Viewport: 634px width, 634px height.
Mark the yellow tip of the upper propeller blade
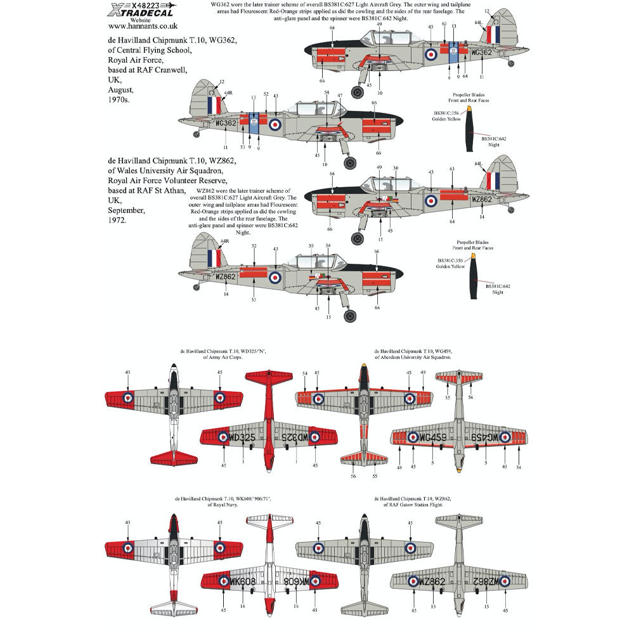469,109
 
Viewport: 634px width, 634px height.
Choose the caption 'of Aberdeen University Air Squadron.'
413,358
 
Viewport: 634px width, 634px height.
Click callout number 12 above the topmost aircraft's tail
487,11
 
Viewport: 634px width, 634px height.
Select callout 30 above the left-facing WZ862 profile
395,168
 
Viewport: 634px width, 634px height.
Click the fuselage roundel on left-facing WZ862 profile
431,201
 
